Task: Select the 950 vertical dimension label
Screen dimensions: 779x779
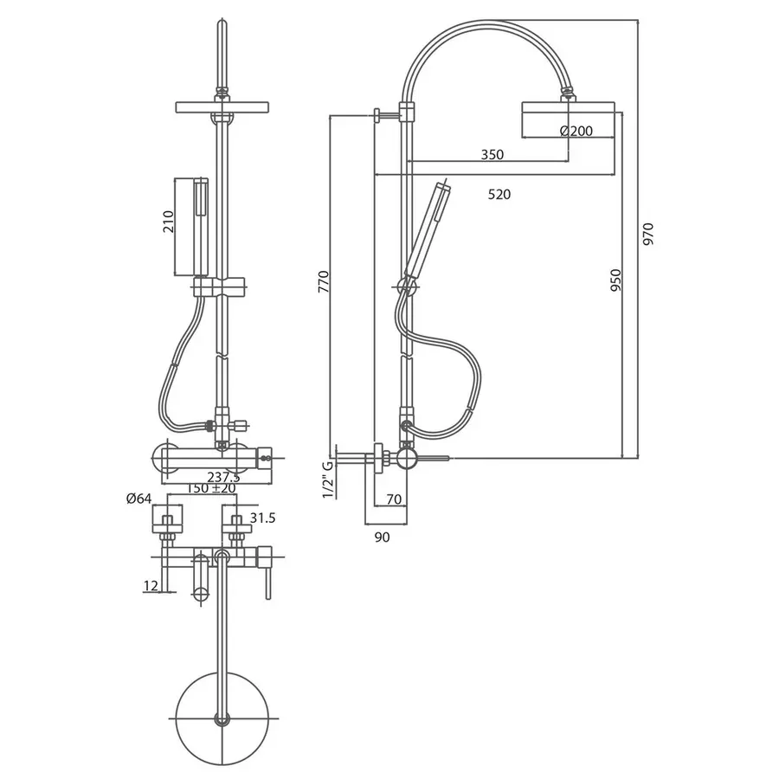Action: tap(615, 284)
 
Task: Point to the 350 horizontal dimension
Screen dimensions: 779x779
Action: tap(492, 155)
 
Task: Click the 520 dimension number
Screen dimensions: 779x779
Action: tap(499, 195)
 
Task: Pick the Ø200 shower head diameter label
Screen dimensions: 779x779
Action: tap(576, 131)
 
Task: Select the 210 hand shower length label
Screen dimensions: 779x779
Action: tap(171, 222)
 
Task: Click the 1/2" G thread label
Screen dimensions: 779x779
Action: tap(328, 478)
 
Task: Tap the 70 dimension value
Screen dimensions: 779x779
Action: tap(393, 499)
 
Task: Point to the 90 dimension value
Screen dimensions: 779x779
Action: tap(383, 537)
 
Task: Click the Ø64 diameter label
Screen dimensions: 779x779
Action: tap(138, 498)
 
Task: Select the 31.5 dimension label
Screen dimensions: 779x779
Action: tap(263, 518)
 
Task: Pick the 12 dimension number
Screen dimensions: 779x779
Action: tap(151, 586)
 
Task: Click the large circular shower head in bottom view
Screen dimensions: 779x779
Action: tap(222, 717)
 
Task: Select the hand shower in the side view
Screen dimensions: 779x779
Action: tap(424, 229)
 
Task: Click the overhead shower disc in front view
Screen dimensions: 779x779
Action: tap(223, 106)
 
